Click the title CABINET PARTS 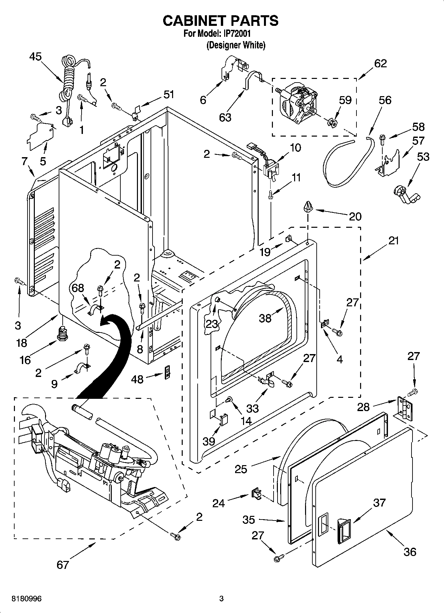220,21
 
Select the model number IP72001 236,33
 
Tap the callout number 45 35,57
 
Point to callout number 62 380,63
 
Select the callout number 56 385,100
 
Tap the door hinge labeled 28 405,409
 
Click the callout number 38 265,318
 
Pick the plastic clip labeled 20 307,208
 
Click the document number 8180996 27,599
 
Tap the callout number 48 137,379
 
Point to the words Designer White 236,45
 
